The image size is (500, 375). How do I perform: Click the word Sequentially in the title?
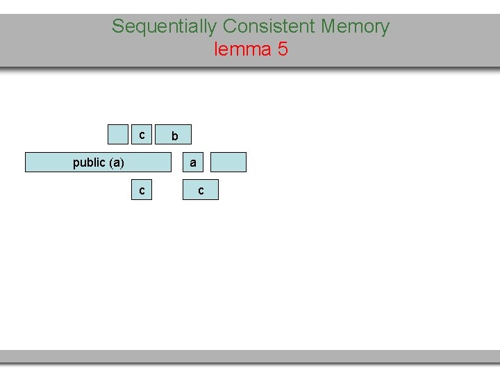(165, 27)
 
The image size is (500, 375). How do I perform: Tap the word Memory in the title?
(355, 27)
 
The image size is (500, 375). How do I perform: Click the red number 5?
(283, 50)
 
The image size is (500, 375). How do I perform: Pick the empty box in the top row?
(118, 134)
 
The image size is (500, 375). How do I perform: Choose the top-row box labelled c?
(141, 134)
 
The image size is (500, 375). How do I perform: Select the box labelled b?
(174, 135)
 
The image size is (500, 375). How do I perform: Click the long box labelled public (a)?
(98, 162)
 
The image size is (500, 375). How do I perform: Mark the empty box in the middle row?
(228, 162)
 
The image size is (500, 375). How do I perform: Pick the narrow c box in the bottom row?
(142, 190)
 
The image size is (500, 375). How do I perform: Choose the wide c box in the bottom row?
(201, 190)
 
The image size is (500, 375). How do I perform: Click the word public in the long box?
(89, 162)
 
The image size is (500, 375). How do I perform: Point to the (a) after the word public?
(116, 162)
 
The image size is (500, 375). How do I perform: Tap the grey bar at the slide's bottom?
(250, 356)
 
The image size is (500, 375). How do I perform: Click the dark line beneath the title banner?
(250, 67)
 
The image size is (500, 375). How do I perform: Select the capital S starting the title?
(117, 27)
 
